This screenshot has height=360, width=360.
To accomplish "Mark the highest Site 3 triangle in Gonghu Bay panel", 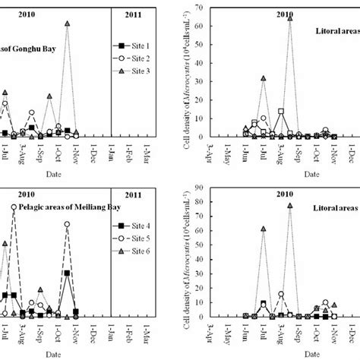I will point(68,24).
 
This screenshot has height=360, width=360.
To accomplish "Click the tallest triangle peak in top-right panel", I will point(289,17).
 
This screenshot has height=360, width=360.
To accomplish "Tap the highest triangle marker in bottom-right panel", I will point(289,205).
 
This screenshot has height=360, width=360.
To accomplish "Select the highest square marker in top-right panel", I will point(280,112).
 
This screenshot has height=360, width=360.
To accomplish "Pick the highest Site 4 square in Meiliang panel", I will point(68,273).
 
